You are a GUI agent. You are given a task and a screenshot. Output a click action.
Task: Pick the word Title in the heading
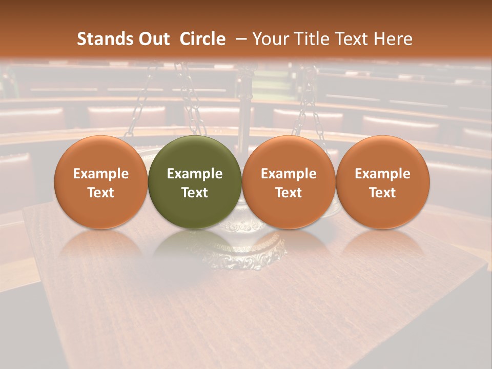(312, 39)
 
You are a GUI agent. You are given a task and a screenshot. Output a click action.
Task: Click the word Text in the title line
(353, 39)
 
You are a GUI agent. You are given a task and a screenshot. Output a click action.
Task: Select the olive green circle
(195, 182)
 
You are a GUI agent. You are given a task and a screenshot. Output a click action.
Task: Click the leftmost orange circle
(101, 182)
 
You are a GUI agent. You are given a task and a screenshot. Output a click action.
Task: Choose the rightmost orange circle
(382, 182)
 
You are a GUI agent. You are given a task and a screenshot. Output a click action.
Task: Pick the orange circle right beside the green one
(289, 182)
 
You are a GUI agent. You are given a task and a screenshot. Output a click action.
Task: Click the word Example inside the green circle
(195, 174)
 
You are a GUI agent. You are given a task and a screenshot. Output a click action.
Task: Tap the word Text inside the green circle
(195, 193)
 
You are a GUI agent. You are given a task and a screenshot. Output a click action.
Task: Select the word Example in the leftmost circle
(101, 174)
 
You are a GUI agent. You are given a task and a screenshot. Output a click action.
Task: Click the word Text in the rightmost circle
(382, 193)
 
